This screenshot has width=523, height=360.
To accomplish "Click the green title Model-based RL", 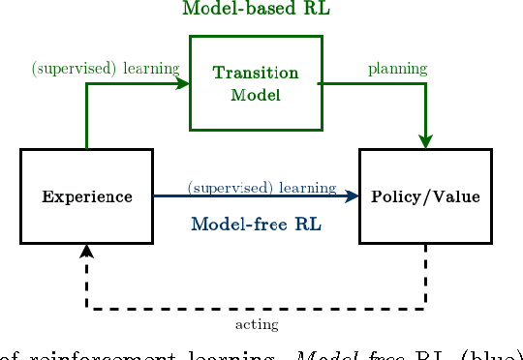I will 256,10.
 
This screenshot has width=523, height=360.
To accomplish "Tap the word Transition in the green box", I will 256,74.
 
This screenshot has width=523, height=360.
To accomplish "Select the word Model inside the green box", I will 256,95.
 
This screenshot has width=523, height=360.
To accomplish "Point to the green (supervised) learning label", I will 106,69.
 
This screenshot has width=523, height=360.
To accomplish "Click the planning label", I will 397,69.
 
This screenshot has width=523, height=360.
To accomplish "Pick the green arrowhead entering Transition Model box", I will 183,83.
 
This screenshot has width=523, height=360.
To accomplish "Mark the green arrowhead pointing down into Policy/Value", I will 425,141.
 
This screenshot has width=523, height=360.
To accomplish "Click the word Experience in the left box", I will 87,196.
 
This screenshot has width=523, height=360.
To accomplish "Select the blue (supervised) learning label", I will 261,187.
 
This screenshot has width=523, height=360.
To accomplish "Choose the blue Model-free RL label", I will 256,225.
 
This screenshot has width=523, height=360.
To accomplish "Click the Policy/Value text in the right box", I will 425,196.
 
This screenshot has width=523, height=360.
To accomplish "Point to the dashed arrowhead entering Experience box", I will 87,251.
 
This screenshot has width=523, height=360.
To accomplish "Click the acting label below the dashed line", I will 257,324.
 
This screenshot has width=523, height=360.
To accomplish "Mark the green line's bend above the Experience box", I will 87,83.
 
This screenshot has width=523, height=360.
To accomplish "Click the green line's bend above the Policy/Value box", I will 425,83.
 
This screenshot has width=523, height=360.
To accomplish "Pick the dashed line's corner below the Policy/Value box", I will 425,309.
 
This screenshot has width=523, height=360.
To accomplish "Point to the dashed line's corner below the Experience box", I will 87,309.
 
